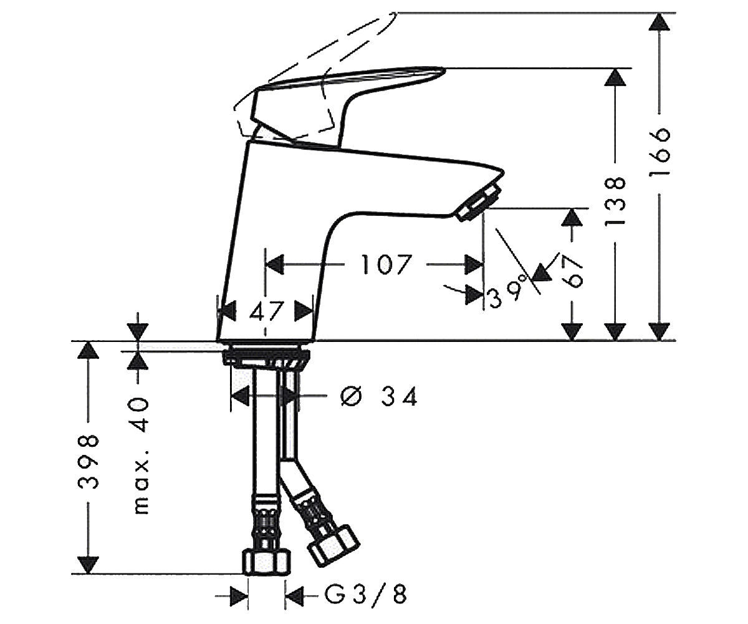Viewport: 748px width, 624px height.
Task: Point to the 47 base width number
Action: coord(266,311)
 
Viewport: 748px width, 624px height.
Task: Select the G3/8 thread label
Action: coord(366,594)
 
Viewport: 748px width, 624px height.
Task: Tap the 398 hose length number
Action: coord(88,462)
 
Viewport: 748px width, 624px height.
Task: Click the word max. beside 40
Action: coord(141,487)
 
